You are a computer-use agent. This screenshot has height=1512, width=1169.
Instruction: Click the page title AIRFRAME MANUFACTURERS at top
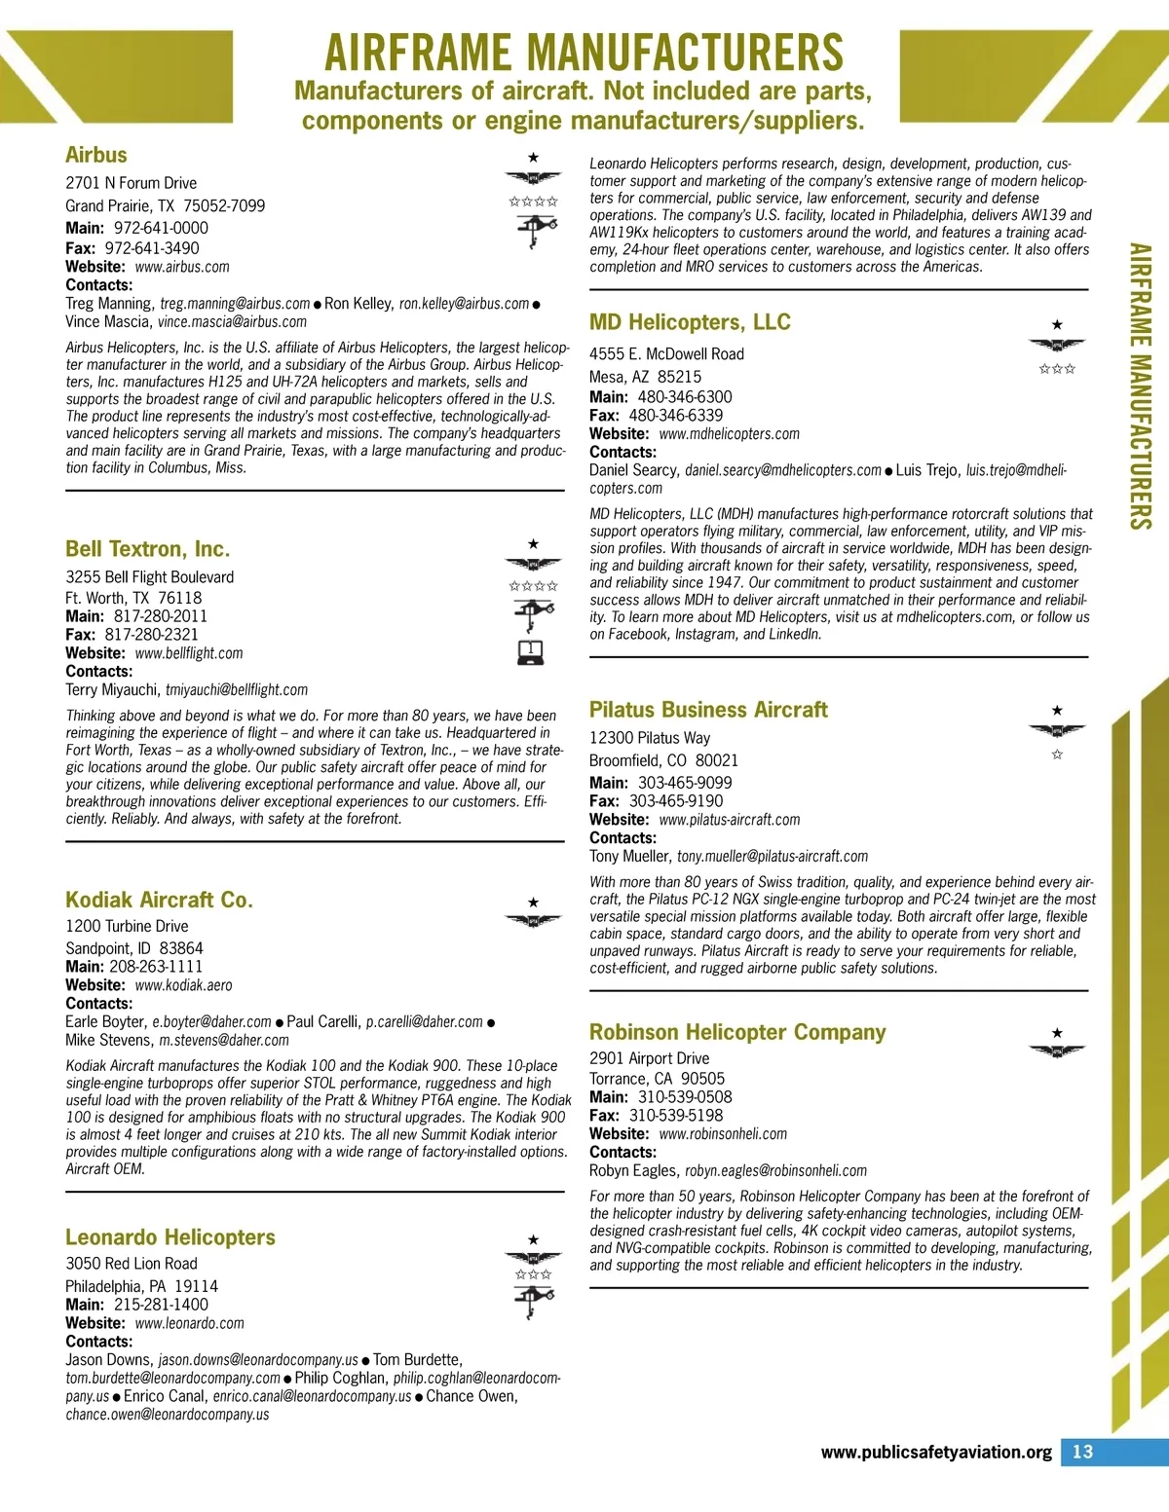584,53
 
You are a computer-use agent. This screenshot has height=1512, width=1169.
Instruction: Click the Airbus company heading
96,155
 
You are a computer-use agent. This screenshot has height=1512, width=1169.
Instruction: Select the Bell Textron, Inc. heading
148,548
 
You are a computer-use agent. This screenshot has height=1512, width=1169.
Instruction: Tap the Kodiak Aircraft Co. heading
159,900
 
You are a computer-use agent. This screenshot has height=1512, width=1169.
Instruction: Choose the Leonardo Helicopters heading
170,1237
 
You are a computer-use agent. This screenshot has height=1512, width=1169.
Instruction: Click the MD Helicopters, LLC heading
690,322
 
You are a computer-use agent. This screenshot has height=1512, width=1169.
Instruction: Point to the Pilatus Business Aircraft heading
708,710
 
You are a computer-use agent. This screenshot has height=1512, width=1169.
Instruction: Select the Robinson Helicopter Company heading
737,1032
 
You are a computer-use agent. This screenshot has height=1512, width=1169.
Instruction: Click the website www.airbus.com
182,267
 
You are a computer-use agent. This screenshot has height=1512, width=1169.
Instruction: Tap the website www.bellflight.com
189,653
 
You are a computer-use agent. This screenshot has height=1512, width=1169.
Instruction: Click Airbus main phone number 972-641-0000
161,228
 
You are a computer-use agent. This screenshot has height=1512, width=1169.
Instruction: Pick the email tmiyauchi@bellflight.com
237,690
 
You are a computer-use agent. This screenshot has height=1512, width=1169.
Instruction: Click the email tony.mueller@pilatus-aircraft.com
773,857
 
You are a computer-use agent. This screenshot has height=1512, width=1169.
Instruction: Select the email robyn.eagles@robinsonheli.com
775,1171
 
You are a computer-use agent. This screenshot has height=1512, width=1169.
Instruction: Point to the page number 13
1082,1452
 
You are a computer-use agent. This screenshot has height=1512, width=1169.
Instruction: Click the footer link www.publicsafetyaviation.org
936,1453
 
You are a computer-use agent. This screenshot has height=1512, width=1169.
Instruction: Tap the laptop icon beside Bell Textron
531,651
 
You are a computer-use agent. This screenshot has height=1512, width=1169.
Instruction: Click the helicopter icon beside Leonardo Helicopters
533,1300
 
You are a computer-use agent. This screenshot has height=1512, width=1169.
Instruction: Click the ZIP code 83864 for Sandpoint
181,948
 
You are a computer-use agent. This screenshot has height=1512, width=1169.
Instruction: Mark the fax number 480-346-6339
676,416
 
